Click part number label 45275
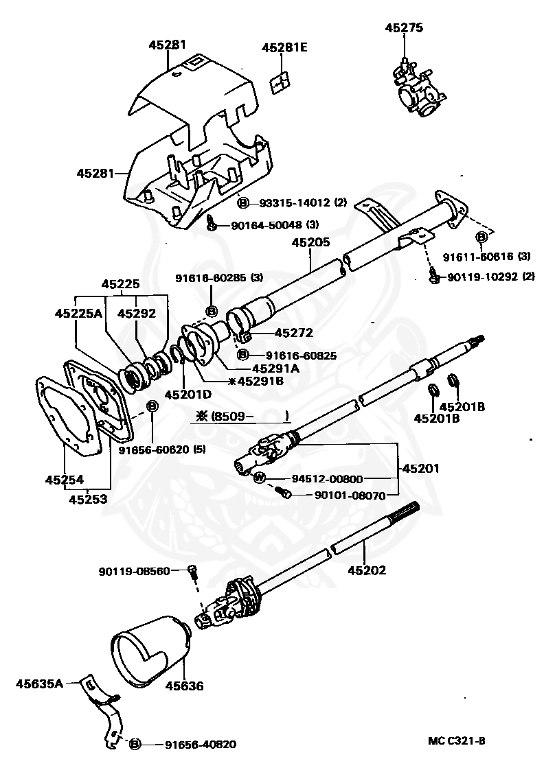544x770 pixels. pos(404,28)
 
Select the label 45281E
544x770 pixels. pos(284,48)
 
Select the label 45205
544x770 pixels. pos(310,242)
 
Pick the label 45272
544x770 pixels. pos(293,333)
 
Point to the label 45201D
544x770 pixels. pos(188,395)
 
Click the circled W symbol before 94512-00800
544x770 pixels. pos(259,478)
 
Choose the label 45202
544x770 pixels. pos(367,570)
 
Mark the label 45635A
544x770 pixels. pos(39,683)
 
